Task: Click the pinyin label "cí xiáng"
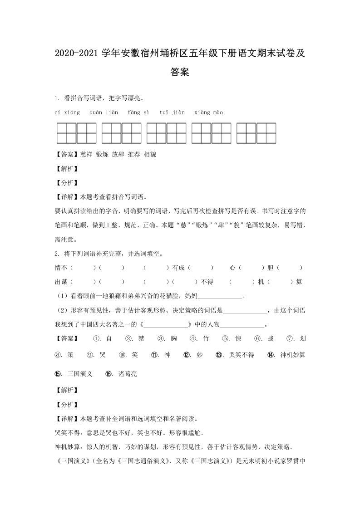[x=67, y=113]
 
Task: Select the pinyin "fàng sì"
[x=138, y=113]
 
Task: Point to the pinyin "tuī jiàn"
[x=172, y=113]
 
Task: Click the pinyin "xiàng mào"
[x=208, y=113]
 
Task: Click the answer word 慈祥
[x=86, y=154]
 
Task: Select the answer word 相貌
[x=150, y=154]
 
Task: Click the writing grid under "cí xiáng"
[x=76, y=133]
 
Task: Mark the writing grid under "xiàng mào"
[x=256, y=133]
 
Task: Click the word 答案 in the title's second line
[x=180, y=72]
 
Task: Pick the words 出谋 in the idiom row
[x=61, y=282]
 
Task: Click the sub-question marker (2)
[x=61, y=311]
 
